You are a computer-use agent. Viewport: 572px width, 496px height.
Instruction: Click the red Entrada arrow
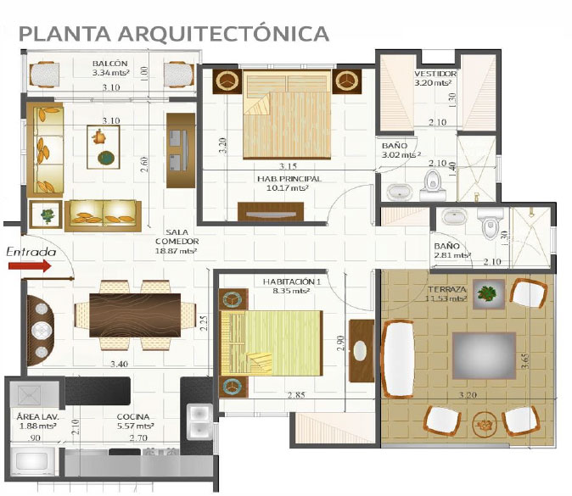point(30,266)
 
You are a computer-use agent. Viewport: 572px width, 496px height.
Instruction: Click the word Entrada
point(31,252)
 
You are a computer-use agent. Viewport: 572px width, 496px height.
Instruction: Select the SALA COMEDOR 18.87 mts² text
point(177,241)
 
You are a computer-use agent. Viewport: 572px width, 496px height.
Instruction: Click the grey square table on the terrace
point(484,356)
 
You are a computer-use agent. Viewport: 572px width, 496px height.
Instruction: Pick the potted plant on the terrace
point(487,293)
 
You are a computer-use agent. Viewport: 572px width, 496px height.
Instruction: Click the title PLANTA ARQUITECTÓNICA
point(174,33)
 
